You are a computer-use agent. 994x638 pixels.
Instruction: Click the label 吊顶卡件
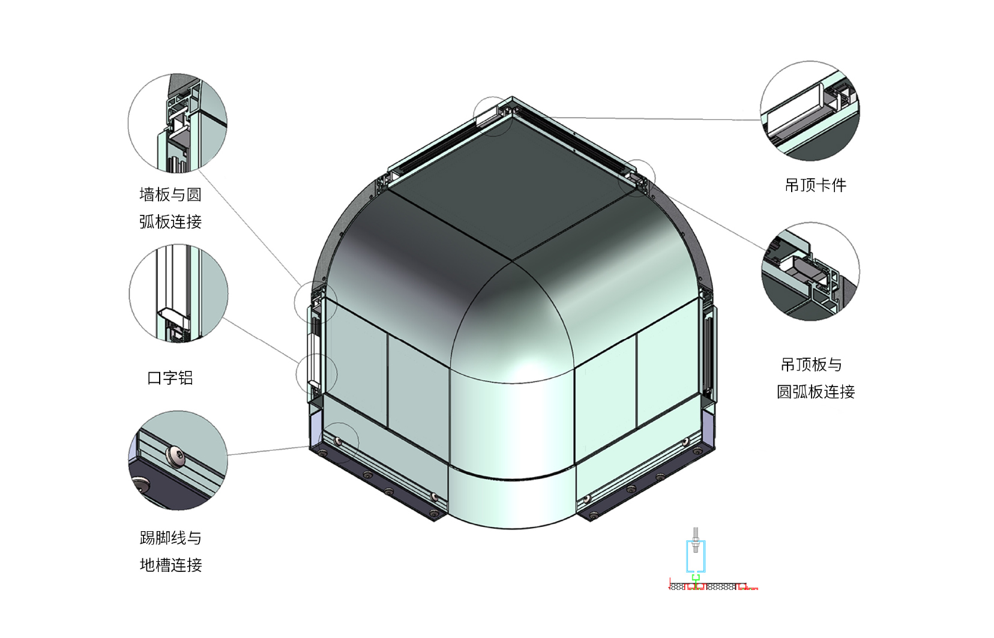[x=815, y=185]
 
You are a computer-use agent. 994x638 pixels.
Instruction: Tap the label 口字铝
[x=170, y=378]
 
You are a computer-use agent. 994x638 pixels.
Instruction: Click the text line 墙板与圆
[x=170, y=194]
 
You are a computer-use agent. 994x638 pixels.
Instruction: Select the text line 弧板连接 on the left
[x=170, y=221]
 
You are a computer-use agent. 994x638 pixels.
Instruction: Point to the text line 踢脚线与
[x=170, y=538]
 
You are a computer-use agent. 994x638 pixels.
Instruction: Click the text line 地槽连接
[x=171, y=565]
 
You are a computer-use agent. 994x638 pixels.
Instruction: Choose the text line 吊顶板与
[x=811, y=365]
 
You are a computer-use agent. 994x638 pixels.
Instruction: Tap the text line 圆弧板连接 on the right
[x=816, y=392]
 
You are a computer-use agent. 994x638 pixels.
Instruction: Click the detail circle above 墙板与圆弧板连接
[x=178, y=74]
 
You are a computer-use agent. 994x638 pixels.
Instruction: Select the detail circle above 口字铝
[x=178, y=244]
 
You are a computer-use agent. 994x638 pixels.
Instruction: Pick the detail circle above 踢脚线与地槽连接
[x=178, y=411]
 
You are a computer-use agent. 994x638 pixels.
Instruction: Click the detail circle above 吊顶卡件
[x=810, y=62]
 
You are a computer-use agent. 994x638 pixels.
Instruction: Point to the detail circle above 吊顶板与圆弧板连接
[x=811, y=223]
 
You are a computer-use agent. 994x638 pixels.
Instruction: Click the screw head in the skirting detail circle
[x=176, y=457]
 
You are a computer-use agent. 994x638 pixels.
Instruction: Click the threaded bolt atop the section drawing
[x=695, y=540]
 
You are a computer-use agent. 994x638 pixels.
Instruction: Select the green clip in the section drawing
[x=695, y=578]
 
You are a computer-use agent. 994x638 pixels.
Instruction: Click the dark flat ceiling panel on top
[x=511, y=188]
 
